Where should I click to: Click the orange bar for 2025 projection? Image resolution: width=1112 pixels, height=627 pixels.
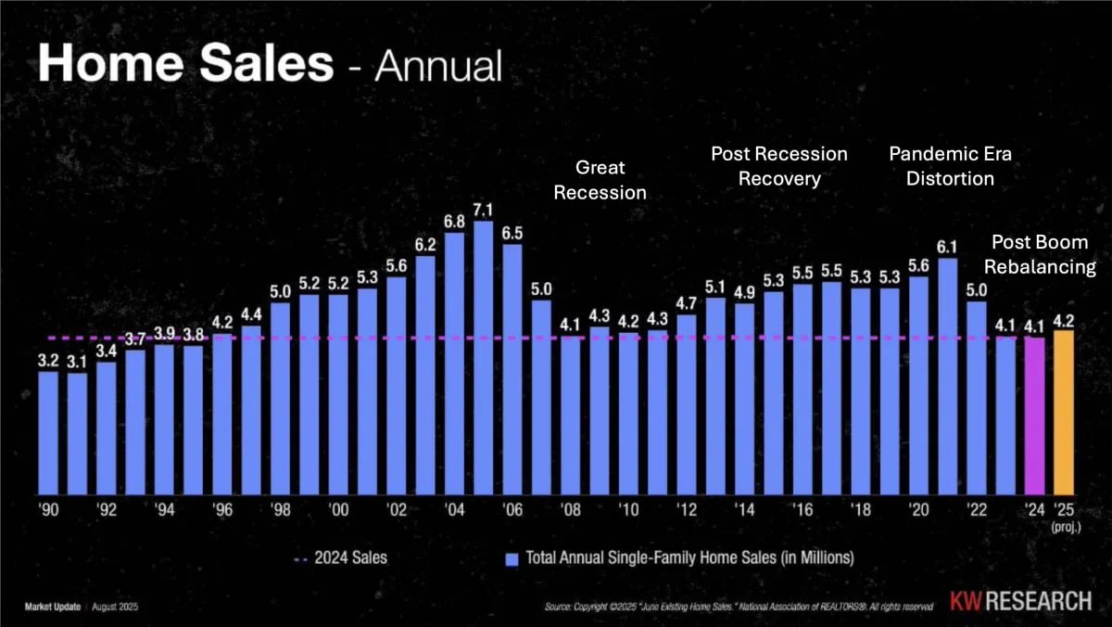(x=1064, y=413)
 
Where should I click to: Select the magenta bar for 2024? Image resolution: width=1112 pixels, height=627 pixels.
(x=1034, y=416)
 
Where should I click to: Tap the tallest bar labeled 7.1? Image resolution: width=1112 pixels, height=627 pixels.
(x=483, y=358)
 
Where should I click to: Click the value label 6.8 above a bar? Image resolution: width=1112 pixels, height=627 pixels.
(x=454, y=222)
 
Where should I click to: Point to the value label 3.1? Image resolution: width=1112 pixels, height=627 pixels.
(x=77, y=362)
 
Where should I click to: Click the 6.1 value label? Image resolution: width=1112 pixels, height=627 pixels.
(x=947, y=247)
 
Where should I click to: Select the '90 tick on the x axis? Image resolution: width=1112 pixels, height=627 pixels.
(x=48, y=510)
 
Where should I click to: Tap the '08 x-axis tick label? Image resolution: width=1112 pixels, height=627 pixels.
(x=571, y=510)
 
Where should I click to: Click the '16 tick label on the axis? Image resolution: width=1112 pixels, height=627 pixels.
(x=802, y=510)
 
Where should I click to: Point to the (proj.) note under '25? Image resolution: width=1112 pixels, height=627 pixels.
(x=1066, y=527)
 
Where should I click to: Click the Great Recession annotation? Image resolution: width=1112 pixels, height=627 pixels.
(x=600, y=180)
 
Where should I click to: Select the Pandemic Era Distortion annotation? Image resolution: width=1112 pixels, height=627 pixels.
(x=950, y=166)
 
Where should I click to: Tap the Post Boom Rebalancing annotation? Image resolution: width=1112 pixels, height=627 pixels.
(x=1040, y=254)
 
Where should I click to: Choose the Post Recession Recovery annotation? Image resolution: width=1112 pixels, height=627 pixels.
(x=779, y=166)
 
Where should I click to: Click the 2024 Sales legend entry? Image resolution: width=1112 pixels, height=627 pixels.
(x=341, y=558)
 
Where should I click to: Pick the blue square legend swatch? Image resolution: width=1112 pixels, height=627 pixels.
(x=512, y=559)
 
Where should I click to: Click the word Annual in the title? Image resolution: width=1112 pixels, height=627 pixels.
(x=438, y=65)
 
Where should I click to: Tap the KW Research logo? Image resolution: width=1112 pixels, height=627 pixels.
(x=1020, y=601)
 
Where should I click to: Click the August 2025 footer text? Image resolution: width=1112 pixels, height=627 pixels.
(x=115, y=607)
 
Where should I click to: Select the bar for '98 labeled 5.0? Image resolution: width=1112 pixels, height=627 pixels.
(x=280, y=399)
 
